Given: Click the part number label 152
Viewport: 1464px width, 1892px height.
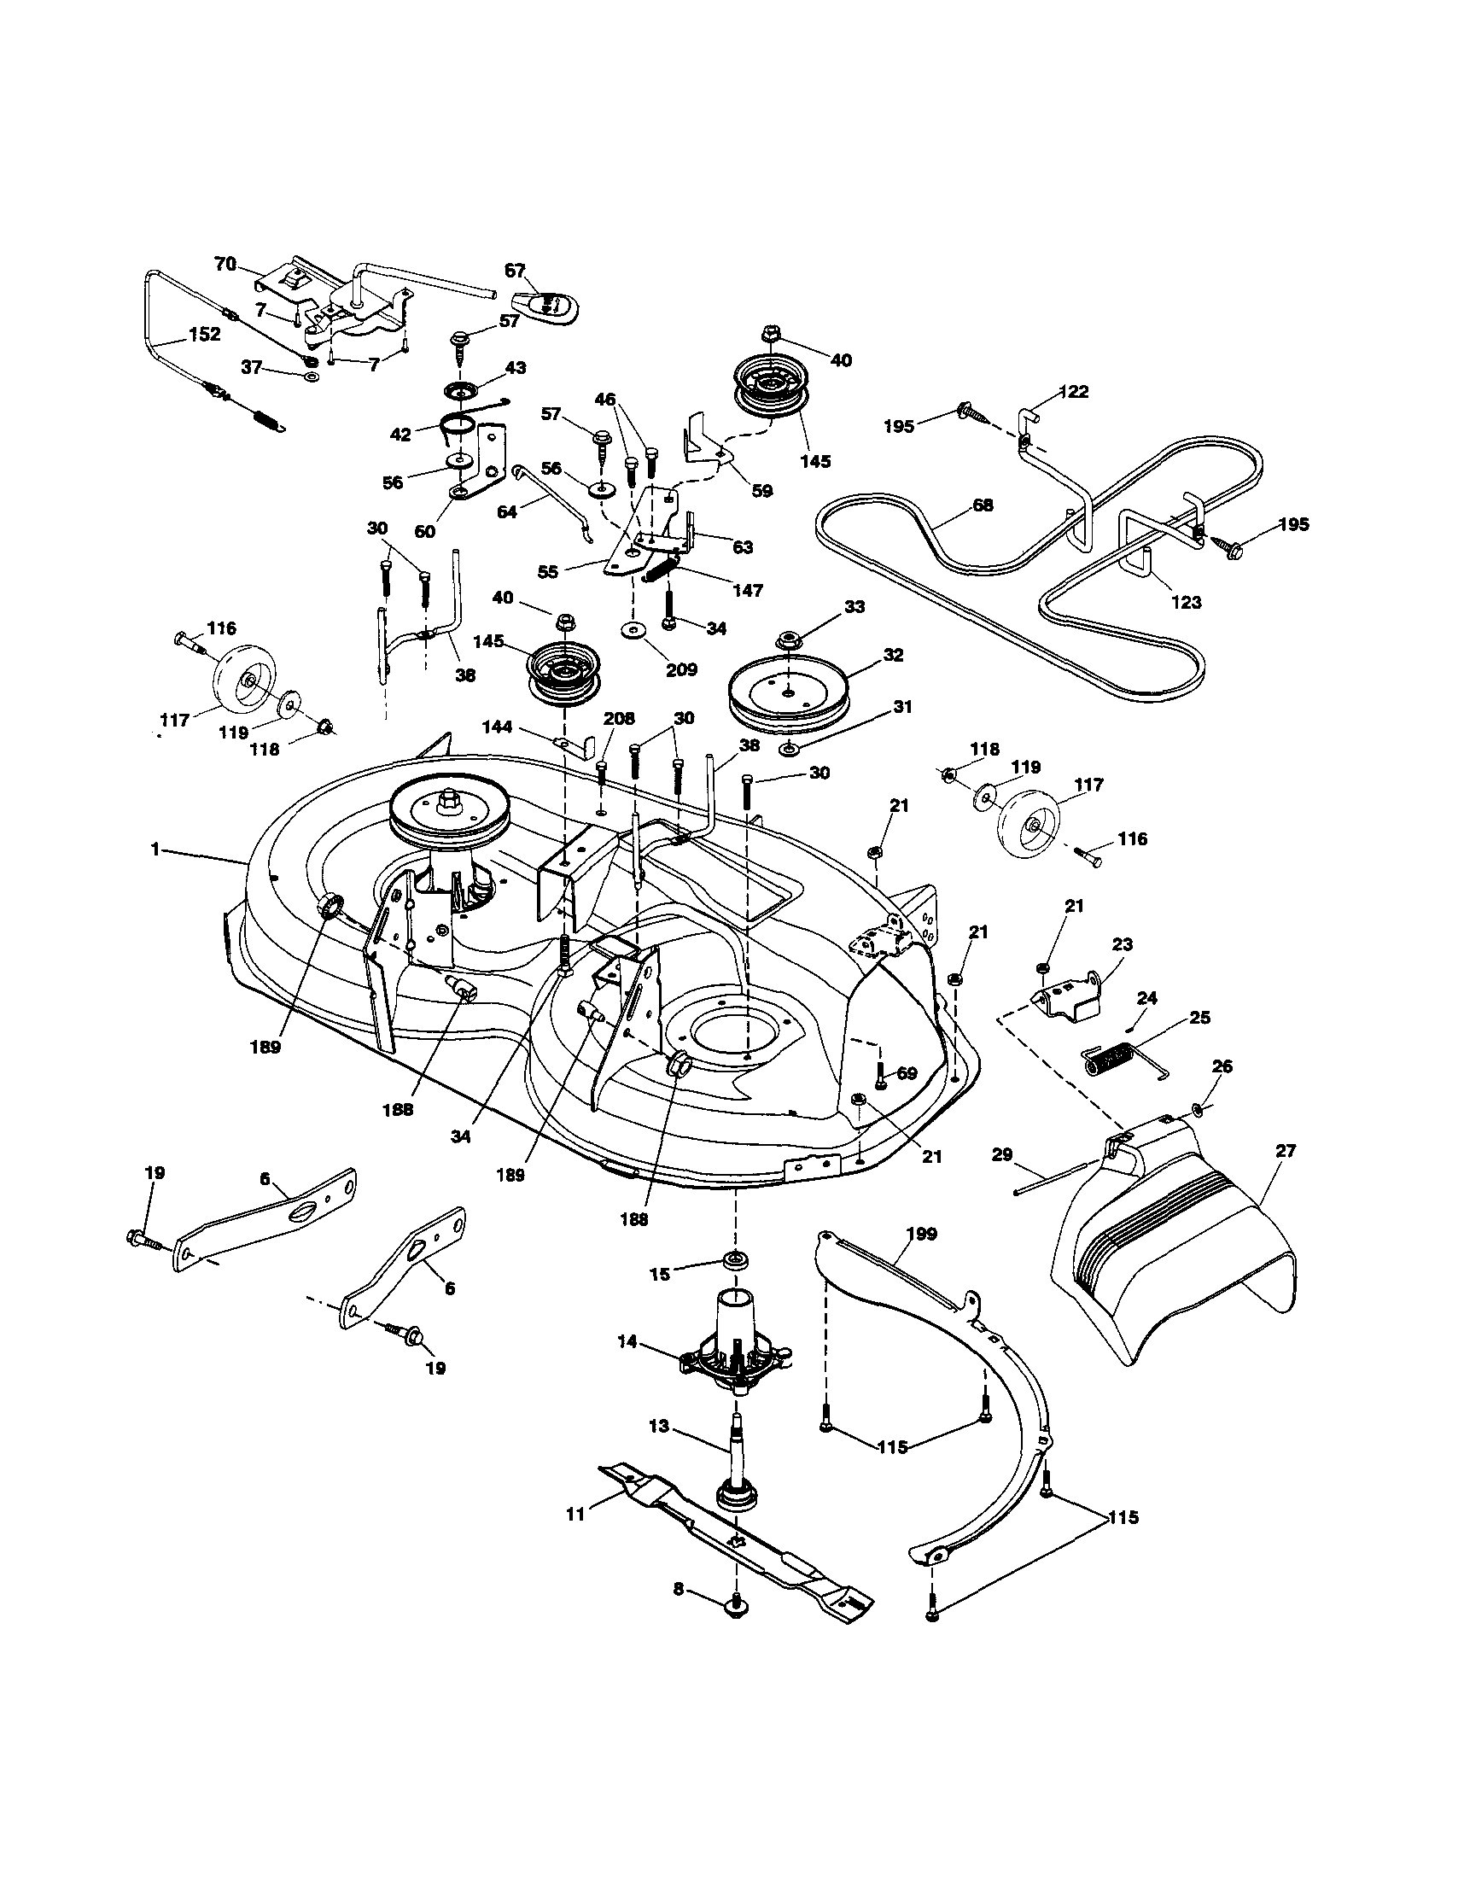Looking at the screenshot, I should coord(203,335).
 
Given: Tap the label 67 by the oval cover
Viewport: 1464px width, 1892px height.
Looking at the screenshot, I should coord(516,272).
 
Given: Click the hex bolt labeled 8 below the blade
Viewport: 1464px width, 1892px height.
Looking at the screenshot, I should coord(736,1609).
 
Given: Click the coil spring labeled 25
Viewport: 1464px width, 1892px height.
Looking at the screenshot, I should coord(1111,1059).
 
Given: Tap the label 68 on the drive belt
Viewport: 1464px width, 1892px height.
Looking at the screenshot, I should coord(983,505).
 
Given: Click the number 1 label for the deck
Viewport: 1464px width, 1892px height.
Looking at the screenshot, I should coord(155,850).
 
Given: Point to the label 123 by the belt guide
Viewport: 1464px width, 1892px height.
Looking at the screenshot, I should coord(1186,601).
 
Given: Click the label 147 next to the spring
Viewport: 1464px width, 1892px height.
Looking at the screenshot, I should coord(748,590).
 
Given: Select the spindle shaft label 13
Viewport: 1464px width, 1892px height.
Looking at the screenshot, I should coord(659,1425).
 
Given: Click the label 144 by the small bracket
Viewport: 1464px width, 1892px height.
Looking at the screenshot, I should coord(497,727).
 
